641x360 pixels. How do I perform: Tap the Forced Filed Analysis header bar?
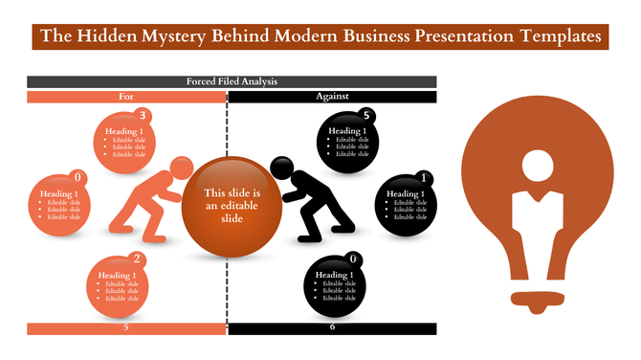pos(232,82)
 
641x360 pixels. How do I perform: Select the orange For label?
pos(126,97)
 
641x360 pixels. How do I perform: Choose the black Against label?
pos(332,97)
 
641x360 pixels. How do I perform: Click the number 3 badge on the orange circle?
pos(144,116)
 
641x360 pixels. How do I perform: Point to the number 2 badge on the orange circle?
pos(138,259)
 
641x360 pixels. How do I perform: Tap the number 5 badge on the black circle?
pos(367,116)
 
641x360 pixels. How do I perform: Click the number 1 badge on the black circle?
pos(424,176)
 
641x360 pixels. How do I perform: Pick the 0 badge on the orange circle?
pos(77,176)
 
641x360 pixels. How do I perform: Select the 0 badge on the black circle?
pos(354,259)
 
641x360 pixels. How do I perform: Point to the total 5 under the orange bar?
pos(126,327)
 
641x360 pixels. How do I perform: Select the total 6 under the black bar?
pos(332,327)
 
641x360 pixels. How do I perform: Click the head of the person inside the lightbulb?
pos(537,167)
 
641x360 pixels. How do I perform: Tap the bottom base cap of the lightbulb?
pos(536,297)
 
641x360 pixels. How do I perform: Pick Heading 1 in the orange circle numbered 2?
pos(118,276)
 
